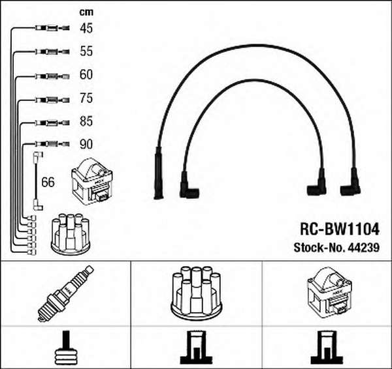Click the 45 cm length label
(x=86, y=28)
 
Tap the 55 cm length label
(x=86, y=51)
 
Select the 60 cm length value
(x=86, y=74)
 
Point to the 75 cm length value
(x=86, y=98)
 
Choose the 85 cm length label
(x=86, y=121)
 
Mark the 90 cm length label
(x=86, y=144)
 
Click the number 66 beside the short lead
(x=48, y=182)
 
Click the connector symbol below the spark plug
(x=65, y=349)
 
